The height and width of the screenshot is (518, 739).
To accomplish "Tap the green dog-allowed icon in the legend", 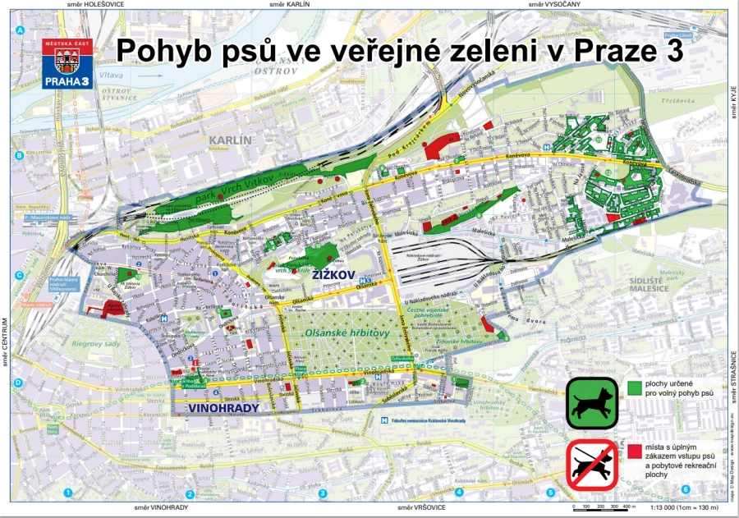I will point(591,403).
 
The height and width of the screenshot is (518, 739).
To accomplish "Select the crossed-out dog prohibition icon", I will point(591,466).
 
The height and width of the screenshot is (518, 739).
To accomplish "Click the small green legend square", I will point(633,385).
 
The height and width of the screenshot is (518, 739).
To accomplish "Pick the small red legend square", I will point(633,450).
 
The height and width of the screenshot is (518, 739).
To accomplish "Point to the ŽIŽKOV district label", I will point(333,277).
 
